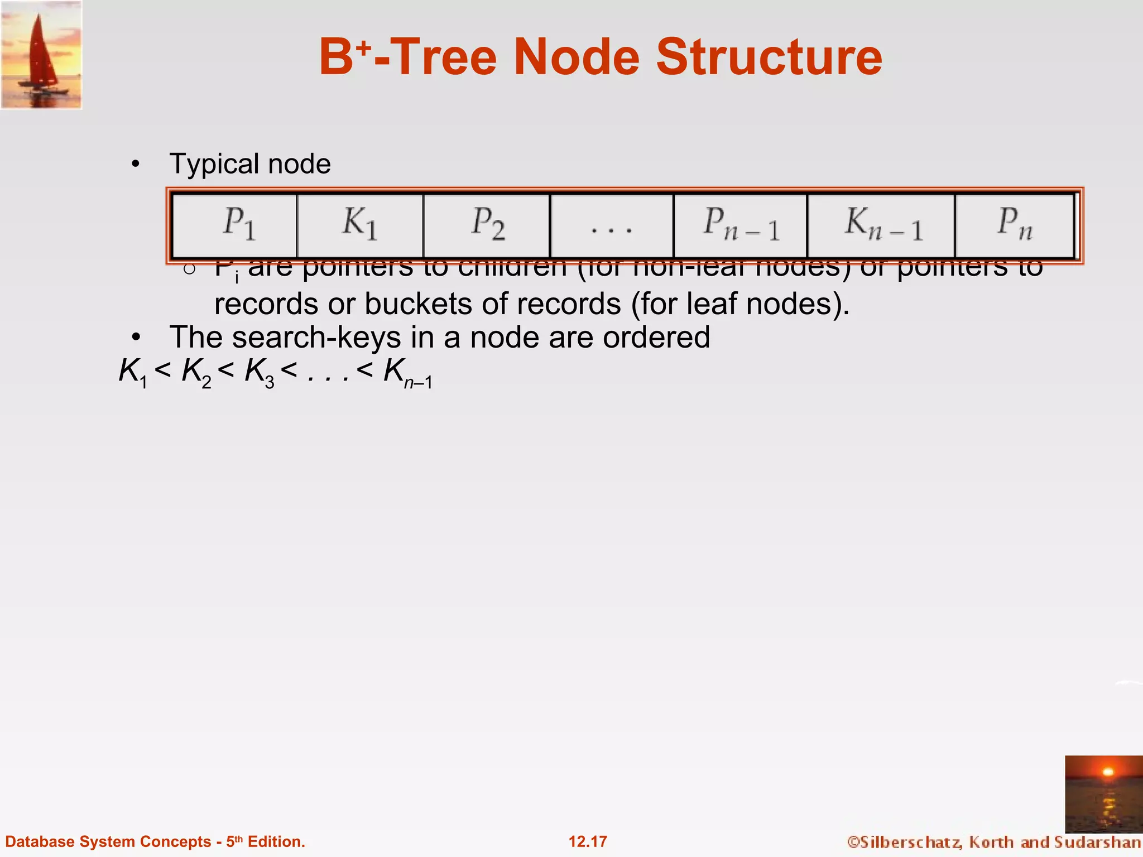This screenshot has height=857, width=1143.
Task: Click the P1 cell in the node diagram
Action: [x=235, y=225]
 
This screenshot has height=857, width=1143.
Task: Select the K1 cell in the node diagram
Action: [x=360, y=225]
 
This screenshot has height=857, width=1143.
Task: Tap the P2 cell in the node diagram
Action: [x=487, y=225]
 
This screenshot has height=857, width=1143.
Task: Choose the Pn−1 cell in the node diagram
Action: [x=741, y=225]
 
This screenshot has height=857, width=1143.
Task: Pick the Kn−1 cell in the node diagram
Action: [x=881, y=225]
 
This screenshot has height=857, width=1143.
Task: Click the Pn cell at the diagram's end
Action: [x=1015, y=225]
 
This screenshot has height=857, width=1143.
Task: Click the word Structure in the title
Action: [x=769, y=57]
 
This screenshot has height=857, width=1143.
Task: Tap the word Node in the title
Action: [x=576, y=57]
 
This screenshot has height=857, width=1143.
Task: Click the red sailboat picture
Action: [x=41, y=54]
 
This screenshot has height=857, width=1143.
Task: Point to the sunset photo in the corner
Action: [x=1103, y=793]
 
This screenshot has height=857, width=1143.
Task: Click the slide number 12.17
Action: [x=588, y=841]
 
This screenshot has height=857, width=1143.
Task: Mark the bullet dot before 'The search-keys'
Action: [x=135, y=338]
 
